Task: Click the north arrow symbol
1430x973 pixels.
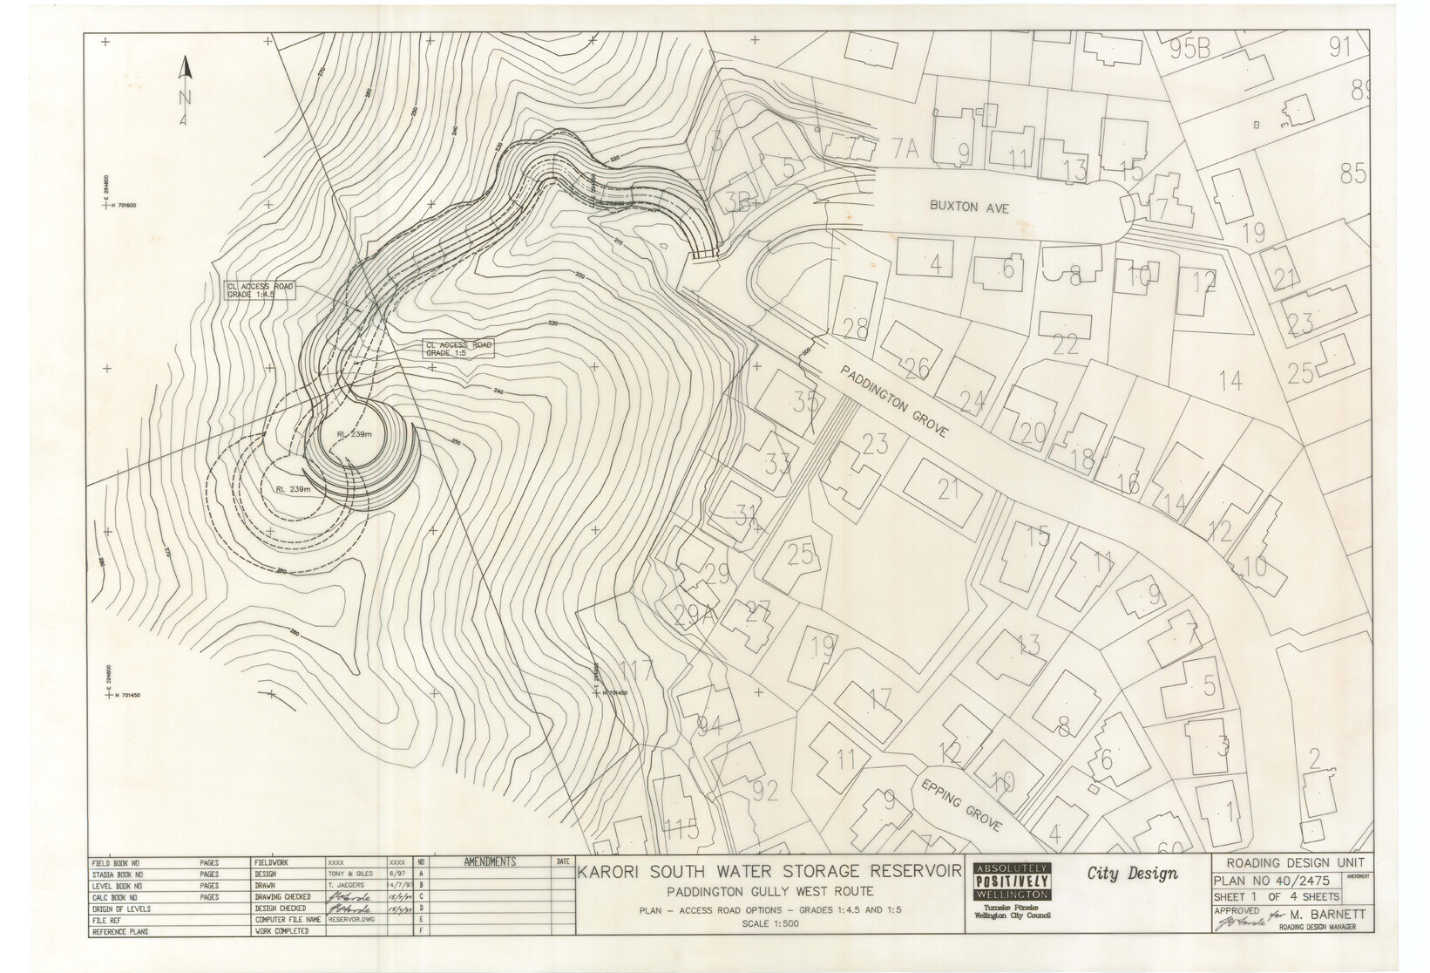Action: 185,92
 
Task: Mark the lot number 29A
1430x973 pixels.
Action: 695,616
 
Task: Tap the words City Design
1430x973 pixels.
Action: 1132,874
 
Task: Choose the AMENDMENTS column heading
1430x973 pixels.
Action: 490,861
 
